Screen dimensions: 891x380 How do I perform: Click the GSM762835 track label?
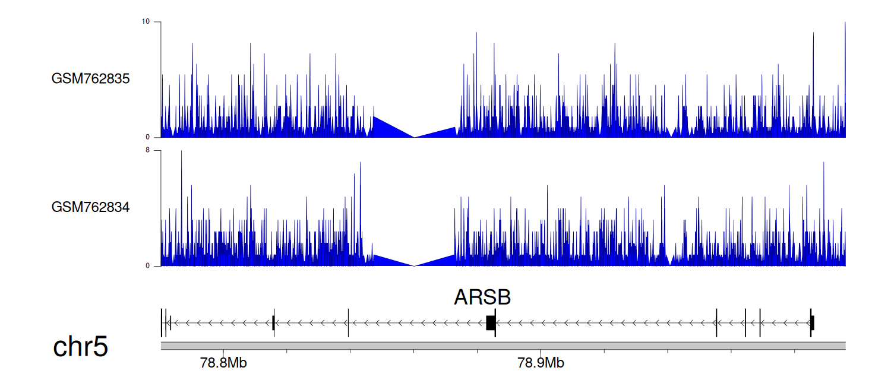[x=90, y=79]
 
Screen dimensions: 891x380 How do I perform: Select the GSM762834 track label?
[x=90, y=207]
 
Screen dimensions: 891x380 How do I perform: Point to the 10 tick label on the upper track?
[x=146, y=21]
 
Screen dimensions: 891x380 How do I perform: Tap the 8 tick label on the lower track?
[x=147, y=150]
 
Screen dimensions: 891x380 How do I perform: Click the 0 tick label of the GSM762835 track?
[x=147, y=137]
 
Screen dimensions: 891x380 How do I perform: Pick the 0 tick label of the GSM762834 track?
[x=147, y=266]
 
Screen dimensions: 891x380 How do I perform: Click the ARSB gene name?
[x=482, y=297]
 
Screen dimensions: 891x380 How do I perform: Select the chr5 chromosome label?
[x=80, y=346]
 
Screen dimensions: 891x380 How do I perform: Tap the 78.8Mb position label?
[x=223, y=363]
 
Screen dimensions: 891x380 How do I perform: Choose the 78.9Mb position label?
[x=541, y=363]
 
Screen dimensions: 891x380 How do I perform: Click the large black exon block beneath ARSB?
[x=491, y=323]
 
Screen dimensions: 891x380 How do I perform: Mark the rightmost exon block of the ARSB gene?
[x=812, y=323]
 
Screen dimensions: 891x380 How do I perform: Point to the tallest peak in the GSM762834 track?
[x=181, y=151]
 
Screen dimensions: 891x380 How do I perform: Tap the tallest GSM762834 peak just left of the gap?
[x=360, y=163]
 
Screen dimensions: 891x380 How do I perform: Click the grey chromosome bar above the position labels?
[x=503, y=346]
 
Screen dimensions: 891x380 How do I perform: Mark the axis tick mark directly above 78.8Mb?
[x=223, y=351]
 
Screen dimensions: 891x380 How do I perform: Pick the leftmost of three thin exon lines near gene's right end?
[x=716, y=323]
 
